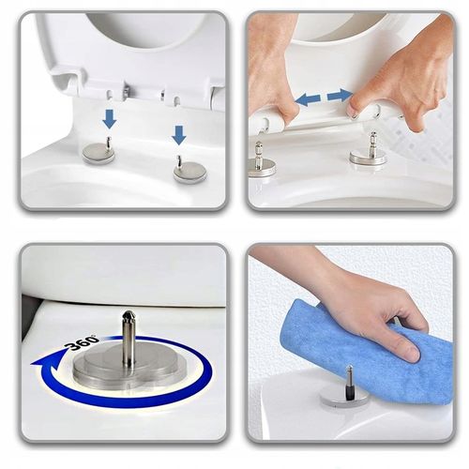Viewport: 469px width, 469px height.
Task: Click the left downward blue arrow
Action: pos(110,119)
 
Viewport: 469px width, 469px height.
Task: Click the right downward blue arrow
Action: pos(179,135)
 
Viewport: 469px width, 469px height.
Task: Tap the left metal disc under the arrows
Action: pos(98,153)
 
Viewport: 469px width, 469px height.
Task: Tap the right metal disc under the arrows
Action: pos(190,172)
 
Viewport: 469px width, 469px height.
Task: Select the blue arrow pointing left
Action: pos(308,99)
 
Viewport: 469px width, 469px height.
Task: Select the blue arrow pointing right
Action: pos(340,95)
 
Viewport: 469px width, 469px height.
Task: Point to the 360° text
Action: pos(82,343)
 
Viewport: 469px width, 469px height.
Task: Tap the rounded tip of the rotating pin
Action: pos(129,316)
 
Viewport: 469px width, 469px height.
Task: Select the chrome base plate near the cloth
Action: pos(344,399)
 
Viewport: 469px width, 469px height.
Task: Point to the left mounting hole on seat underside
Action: pos(110,95)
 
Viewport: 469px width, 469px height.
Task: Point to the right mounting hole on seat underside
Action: pos(177,101)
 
